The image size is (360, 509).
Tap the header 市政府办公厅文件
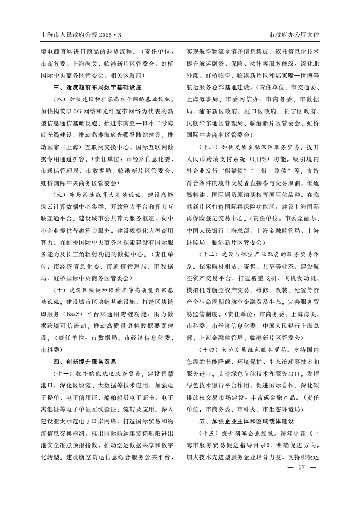tap(294, 34)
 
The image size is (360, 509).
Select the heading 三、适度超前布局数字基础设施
tap(98, 87)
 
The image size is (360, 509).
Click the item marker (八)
tap(60, 98)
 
